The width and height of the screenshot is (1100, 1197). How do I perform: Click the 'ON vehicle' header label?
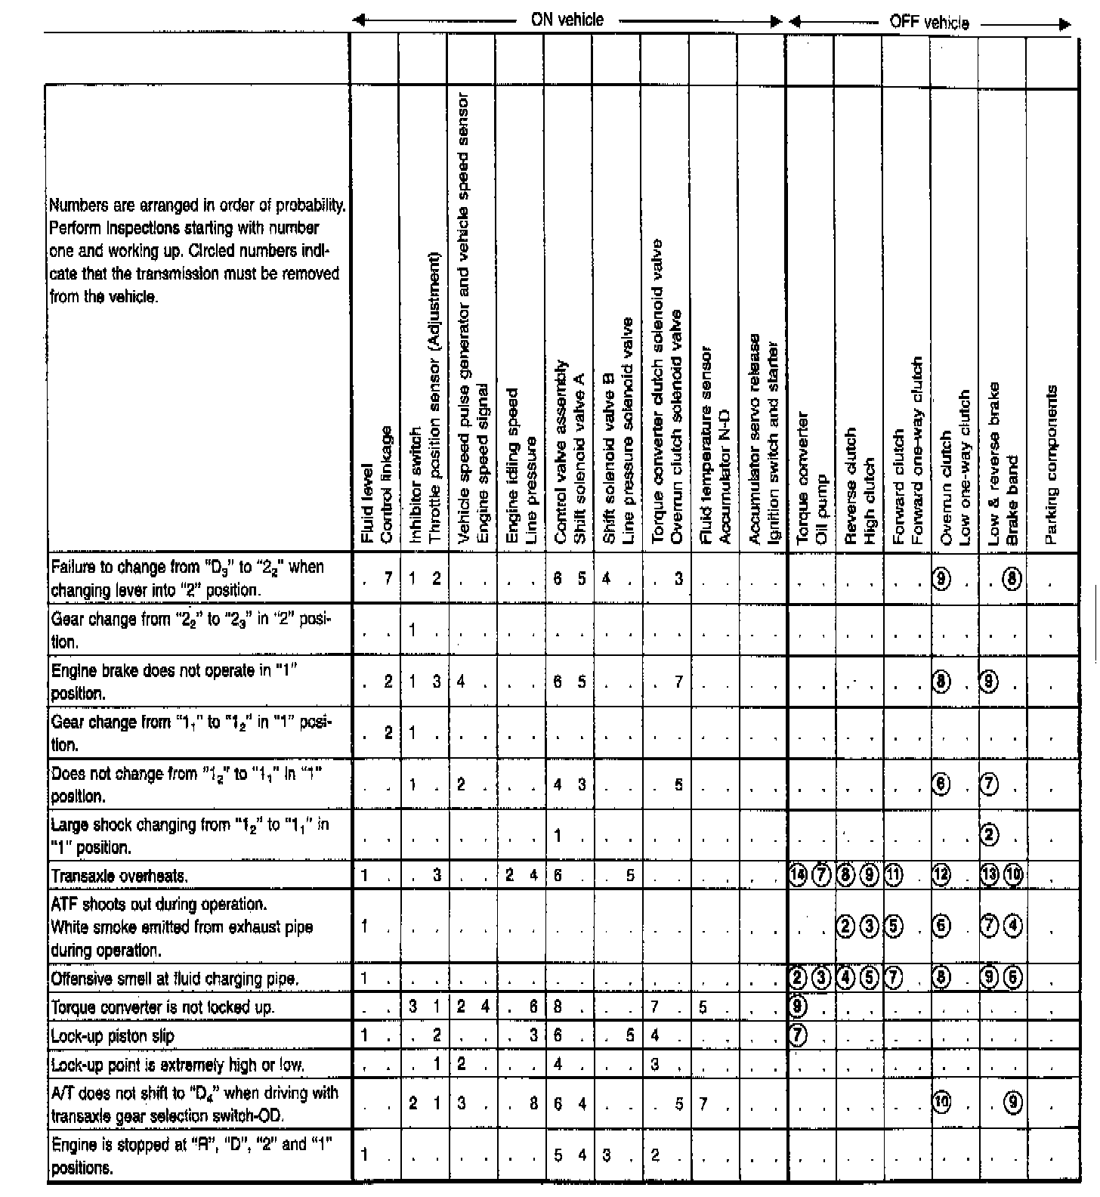[567, 20]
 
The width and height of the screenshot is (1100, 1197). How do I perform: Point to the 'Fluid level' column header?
[367, 503]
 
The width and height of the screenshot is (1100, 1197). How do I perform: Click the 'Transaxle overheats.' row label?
[119, 876]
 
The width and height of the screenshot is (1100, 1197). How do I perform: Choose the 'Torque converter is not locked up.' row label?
[162, 1007]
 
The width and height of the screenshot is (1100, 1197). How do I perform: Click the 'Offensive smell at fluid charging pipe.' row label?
[175, 979]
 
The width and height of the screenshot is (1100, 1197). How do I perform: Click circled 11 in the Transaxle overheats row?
[895, 876]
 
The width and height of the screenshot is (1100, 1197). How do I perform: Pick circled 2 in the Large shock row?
[990, 835]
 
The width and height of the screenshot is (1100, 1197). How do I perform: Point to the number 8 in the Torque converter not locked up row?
[558, 1007]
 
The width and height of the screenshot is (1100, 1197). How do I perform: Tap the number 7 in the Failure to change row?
[388, 579]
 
